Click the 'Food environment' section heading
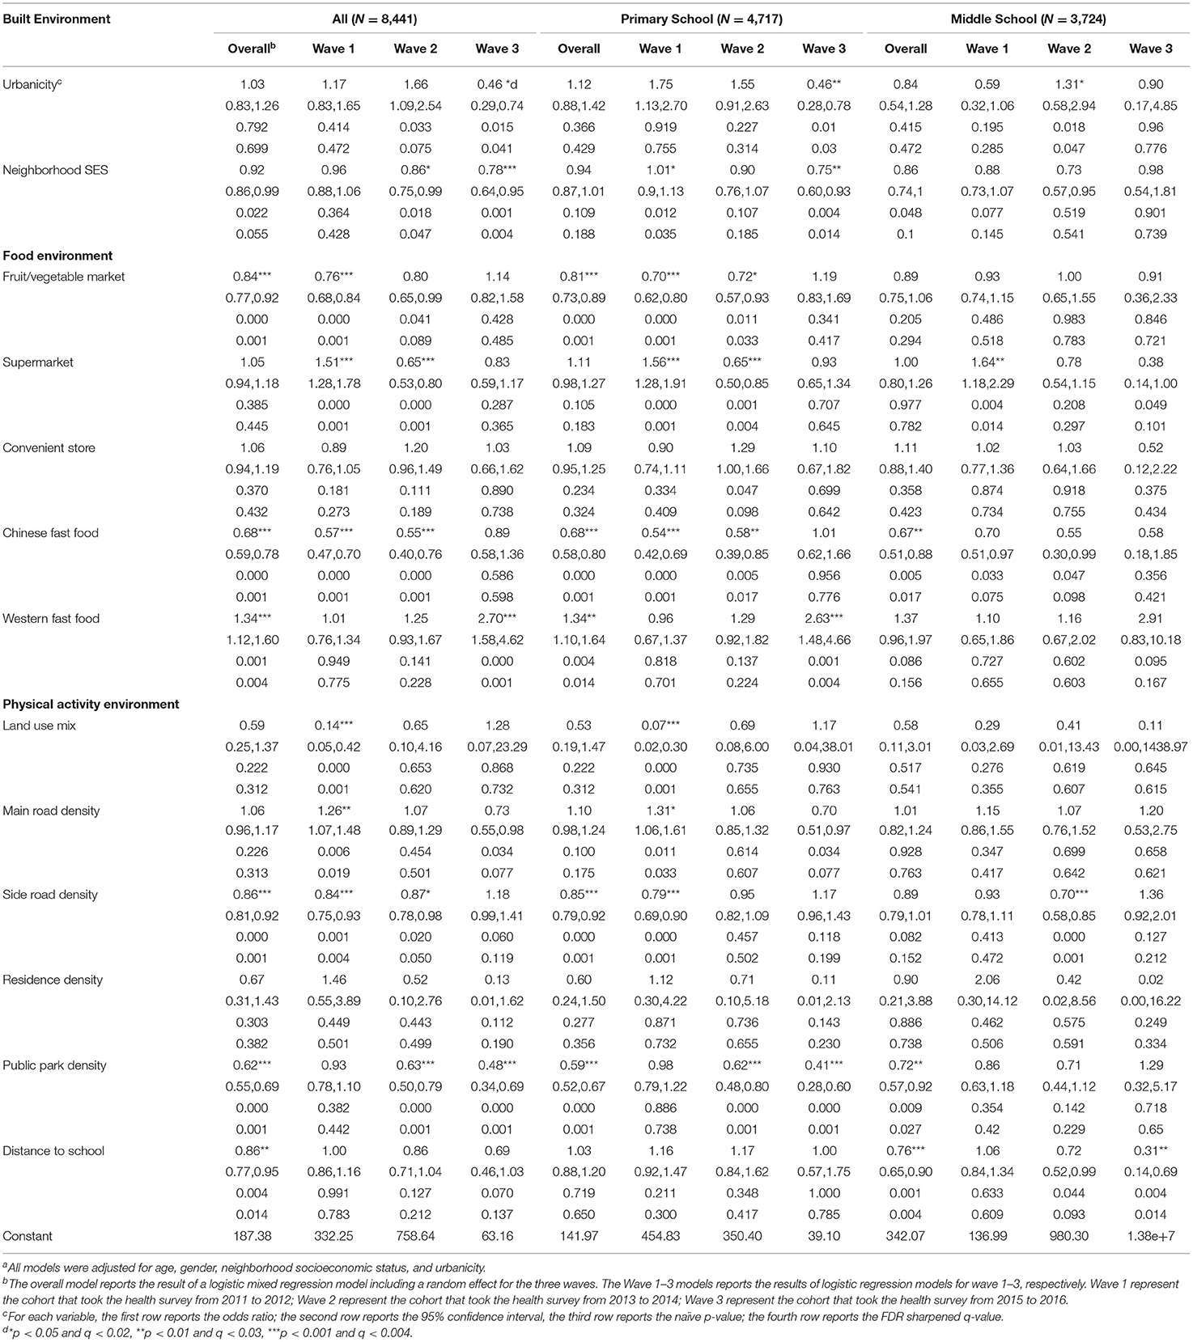(57, 256)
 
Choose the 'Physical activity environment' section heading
(91, 704)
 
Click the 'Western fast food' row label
(51, 619)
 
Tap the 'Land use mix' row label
(40, 726)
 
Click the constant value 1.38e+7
(1150, 1236)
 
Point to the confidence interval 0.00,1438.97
(1150, 747)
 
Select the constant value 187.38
(252, 1236)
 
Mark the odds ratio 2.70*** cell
(497, 619)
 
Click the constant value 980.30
(1068, 1236)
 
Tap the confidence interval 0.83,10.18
(1150, 640)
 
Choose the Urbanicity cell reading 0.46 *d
(497, 84)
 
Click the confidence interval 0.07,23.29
(497, 747)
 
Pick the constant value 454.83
(660, 1236)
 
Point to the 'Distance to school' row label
(53, 1150)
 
